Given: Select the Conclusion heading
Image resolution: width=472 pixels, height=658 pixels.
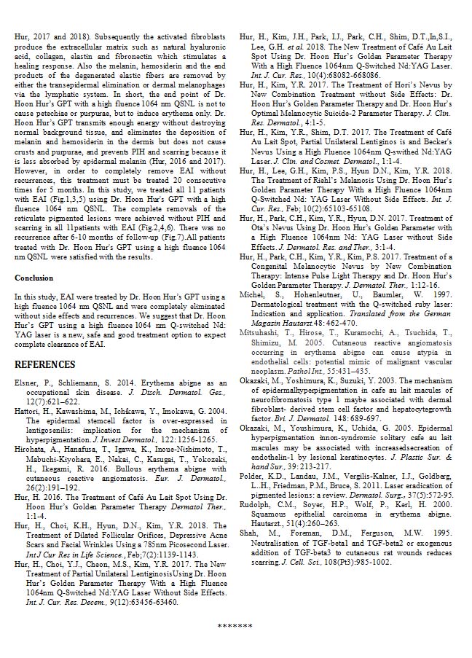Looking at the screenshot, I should [34, 278].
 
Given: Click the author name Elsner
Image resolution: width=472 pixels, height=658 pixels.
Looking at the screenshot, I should [28, 383].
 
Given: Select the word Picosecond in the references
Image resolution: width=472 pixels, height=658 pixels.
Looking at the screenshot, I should [180, 524].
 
